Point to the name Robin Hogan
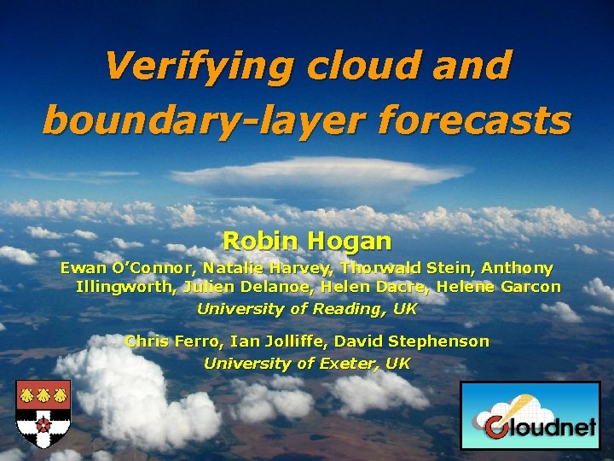coord(306,241)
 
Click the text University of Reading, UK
coord(306,309)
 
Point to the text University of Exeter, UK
coord(306,364)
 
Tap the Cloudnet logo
coord(530,416)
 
